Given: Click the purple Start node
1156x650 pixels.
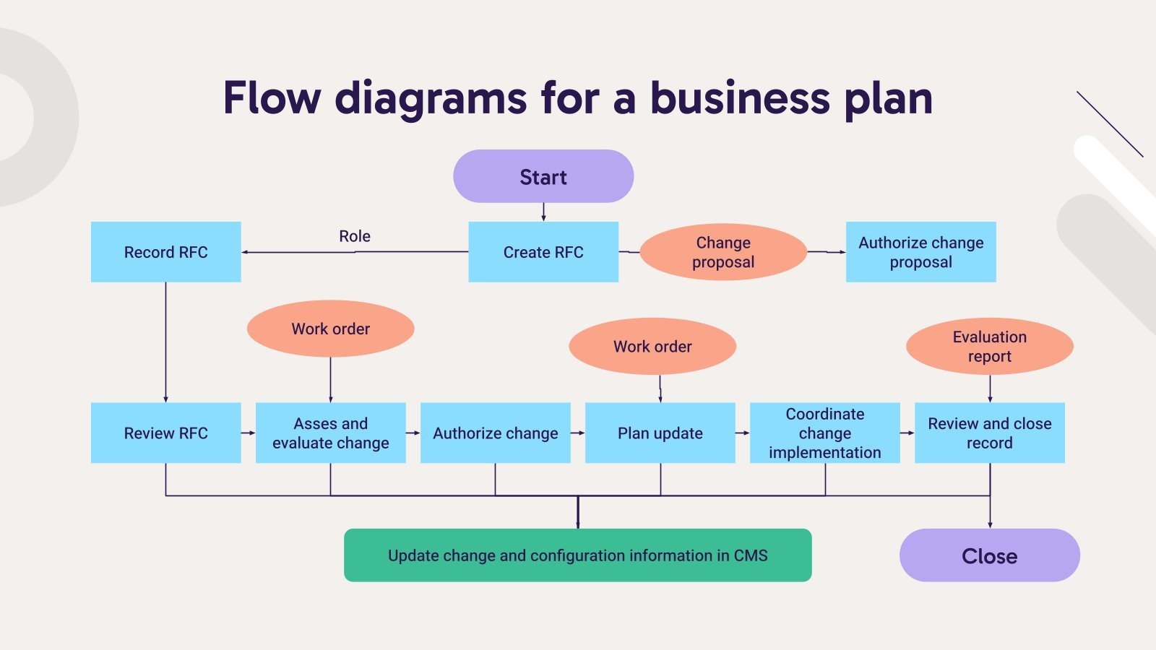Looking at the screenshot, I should coord(543,176).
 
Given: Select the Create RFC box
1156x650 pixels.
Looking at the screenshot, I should coord(543,252).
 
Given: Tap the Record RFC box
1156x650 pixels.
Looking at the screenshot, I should coord(165,252).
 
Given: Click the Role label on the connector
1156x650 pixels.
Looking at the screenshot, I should coord(354,236).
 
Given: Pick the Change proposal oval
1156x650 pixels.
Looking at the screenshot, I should coord(723,252).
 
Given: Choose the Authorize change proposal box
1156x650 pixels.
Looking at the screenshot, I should coord(920,252).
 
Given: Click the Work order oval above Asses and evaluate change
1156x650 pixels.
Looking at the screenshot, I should coord(330,329).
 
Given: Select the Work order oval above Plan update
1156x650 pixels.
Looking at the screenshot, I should coord(652,347).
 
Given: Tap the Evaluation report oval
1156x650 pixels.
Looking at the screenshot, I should coord(989,347).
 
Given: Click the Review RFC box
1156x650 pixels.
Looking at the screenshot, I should coord(165,433).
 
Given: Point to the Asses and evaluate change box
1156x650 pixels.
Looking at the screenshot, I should coord(330,433).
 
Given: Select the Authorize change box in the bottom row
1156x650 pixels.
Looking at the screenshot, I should coord(495,433).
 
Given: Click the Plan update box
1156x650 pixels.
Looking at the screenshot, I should coord(660,433).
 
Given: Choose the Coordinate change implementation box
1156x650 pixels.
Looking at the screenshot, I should coord(824,433).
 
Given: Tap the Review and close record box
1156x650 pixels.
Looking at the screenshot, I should coord(989,433).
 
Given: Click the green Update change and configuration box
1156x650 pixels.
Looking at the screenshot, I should coord(577,555).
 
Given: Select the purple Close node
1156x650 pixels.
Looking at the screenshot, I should coord(989,555).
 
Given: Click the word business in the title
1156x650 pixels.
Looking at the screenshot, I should coord(739,98).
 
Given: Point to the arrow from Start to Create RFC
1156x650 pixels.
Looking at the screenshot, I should coord(543,212).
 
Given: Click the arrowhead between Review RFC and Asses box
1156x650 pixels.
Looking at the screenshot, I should coord(251,433).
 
